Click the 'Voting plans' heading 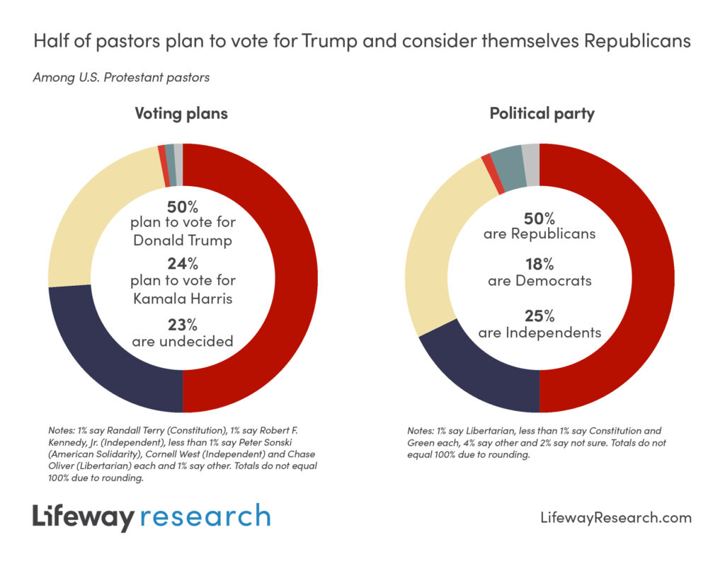coord(181,113)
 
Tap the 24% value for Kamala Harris coord(183,265)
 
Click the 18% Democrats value coord(540,265)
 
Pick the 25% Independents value coord(540,316)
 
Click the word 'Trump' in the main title coord(324,41)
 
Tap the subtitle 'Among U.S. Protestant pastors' coord(121,77)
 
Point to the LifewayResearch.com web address coord(615,518)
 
